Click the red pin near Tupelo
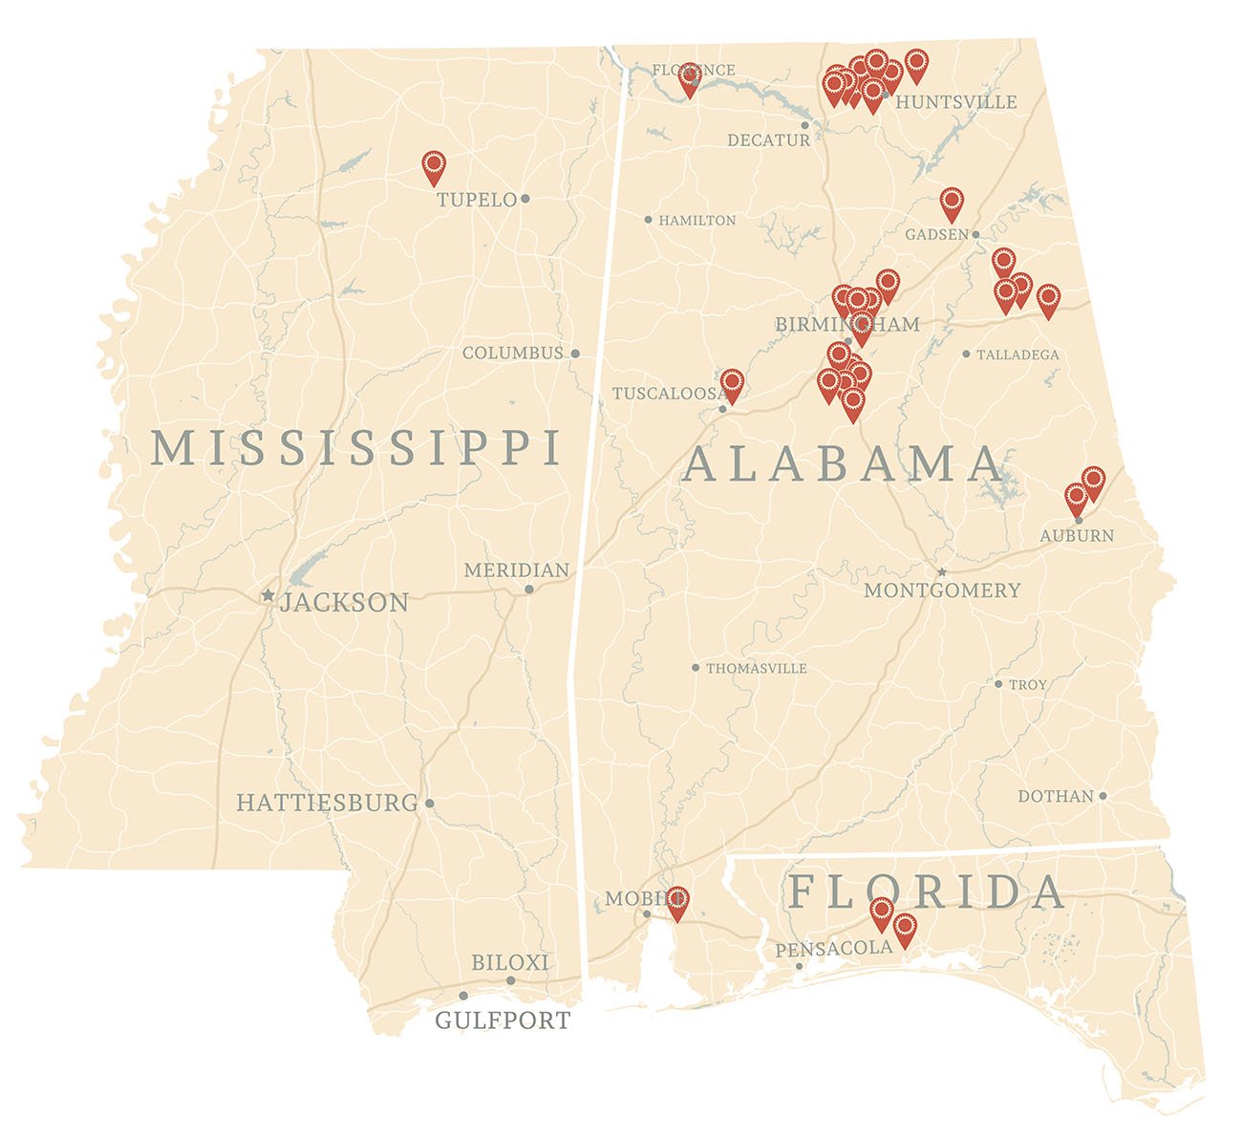point(434,166)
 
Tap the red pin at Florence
point(689,79)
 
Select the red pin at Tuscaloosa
point(733,384)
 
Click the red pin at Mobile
point(676,902)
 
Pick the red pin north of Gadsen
point(951,203)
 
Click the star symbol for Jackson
point(268,595)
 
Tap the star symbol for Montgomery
point(942,572)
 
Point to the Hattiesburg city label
point(327,803)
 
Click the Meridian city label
point(516,570)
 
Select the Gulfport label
point(503,1020)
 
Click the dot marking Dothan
point(1103,796)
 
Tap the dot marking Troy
point(998,684)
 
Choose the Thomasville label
point(757,669)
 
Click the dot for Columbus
point(575,354)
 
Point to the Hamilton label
point(697,221)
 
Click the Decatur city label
point(768,140)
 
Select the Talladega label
point(1017,354)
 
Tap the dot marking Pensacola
point(800,966)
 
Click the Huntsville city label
point(956,102)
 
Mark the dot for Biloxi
point(510,980)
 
